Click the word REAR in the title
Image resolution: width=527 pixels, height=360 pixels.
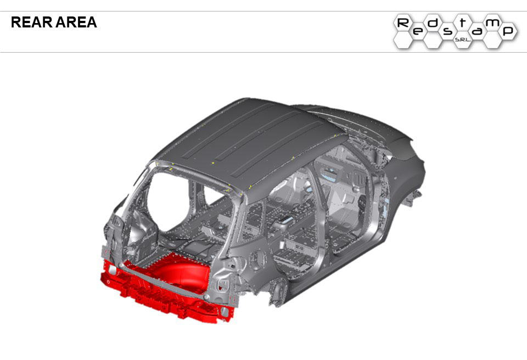tap(32, 22)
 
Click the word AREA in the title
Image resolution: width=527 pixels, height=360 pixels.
tap(76, 22)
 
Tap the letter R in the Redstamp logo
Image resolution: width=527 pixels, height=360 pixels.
tap(403, 23)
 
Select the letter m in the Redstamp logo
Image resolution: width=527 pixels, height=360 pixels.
tap(493, 22)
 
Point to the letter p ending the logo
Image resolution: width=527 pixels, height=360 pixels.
tap(508, 31)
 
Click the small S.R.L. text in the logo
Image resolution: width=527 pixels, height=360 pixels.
tap(463, 40)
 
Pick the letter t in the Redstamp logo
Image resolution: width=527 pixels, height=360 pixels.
tap(463, 22)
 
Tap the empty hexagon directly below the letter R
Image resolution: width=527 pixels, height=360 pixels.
tap(403, 41)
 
